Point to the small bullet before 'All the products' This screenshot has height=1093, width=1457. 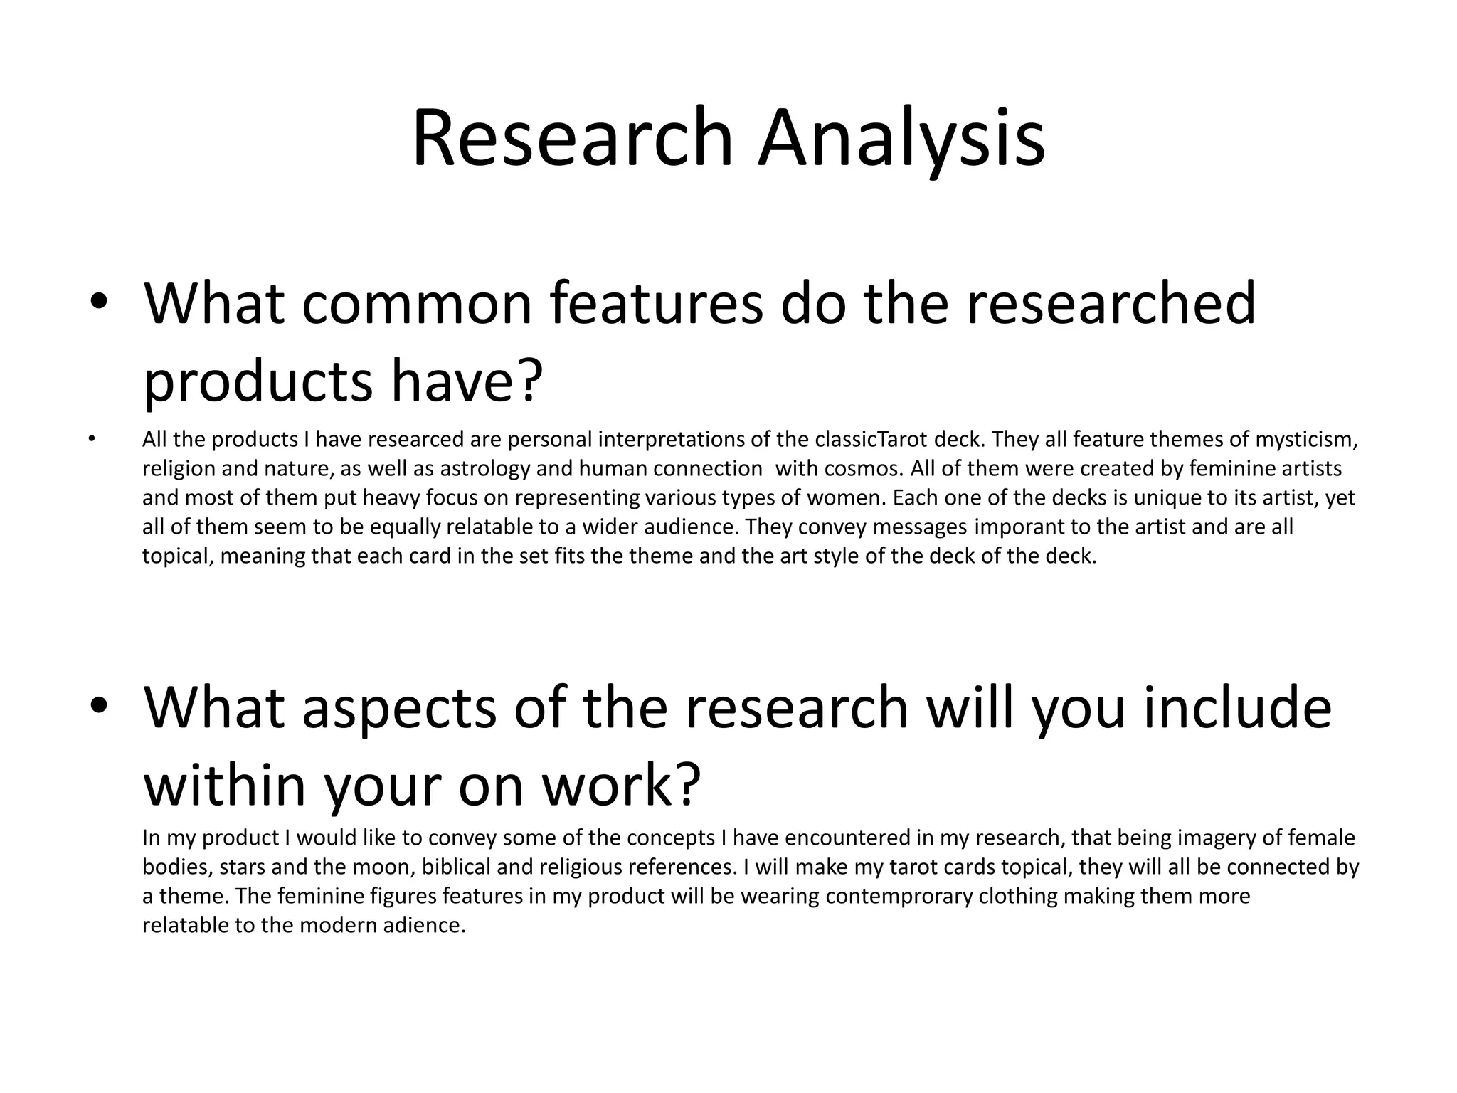tap(91, 440)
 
